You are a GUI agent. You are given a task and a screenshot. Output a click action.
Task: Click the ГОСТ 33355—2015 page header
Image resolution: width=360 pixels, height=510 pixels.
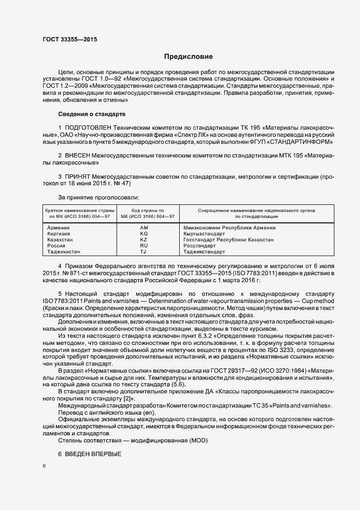(66, 40)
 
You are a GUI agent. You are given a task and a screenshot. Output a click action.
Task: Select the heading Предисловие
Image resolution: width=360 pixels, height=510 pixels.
(188, 57)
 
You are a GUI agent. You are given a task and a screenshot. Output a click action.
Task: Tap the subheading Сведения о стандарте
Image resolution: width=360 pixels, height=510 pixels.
(91, 114)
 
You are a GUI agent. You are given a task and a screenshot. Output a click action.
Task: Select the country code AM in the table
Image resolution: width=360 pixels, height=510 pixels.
(144, 227)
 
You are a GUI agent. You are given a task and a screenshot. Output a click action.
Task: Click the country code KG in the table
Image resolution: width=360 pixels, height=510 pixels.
(144, 233)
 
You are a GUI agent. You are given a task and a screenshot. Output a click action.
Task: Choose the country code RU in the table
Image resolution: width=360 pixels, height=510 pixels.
(144, 246)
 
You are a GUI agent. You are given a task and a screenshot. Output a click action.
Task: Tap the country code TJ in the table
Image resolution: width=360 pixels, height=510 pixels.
(144, 252)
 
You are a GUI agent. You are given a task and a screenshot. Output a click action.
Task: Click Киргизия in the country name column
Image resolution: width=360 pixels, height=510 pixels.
(59, 233)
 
